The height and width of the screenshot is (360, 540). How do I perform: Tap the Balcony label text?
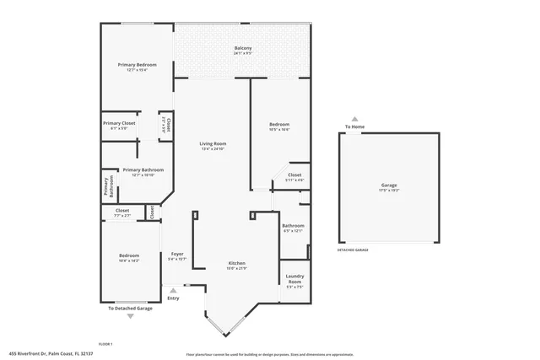click(243, 48)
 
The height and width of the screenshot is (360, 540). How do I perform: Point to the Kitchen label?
click(236, 264)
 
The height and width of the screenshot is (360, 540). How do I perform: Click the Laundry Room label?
click(294, 279)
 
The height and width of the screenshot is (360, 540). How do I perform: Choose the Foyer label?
click(177, 254)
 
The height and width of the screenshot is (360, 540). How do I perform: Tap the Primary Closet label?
click(119, 123)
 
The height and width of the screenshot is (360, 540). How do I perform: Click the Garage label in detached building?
click(388, 185)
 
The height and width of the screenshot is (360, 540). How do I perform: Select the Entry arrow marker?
click(173, 291)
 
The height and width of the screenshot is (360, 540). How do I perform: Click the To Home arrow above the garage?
click(354, 120)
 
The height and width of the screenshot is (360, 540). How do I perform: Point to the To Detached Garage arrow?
click(130, 315)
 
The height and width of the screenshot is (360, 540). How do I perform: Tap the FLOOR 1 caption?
click(105, 344)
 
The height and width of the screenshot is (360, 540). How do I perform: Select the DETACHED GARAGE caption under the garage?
click(353, 250)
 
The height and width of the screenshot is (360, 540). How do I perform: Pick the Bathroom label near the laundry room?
click(293, 225)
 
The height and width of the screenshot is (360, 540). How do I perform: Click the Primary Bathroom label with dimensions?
click(143, 170)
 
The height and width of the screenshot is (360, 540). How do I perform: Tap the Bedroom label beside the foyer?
click(128, 255)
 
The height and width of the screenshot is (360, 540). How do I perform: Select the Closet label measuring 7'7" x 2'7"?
click(122, 211)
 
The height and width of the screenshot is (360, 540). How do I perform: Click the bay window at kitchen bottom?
click(225, 325)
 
